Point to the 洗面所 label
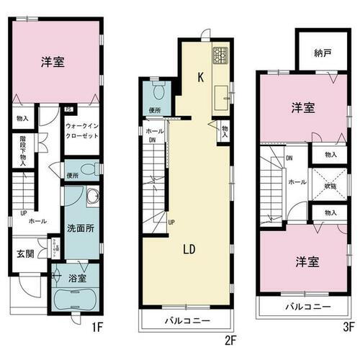pyautogui.click(x=78, y=229)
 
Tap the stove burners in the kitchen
pyautogui.click(x=220, y=54)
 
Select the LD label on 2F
pyautogui.click(x=190, y=250)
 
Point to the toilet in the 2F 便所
pyautogui.click(x=160, y=91)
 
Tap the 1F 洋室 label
pyautogui.click(x=53, y=63)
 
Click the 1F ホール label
pyautogui.click(x=37, y=222)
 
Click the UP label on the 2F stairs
pyautogui.click(x=171, y=222)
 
